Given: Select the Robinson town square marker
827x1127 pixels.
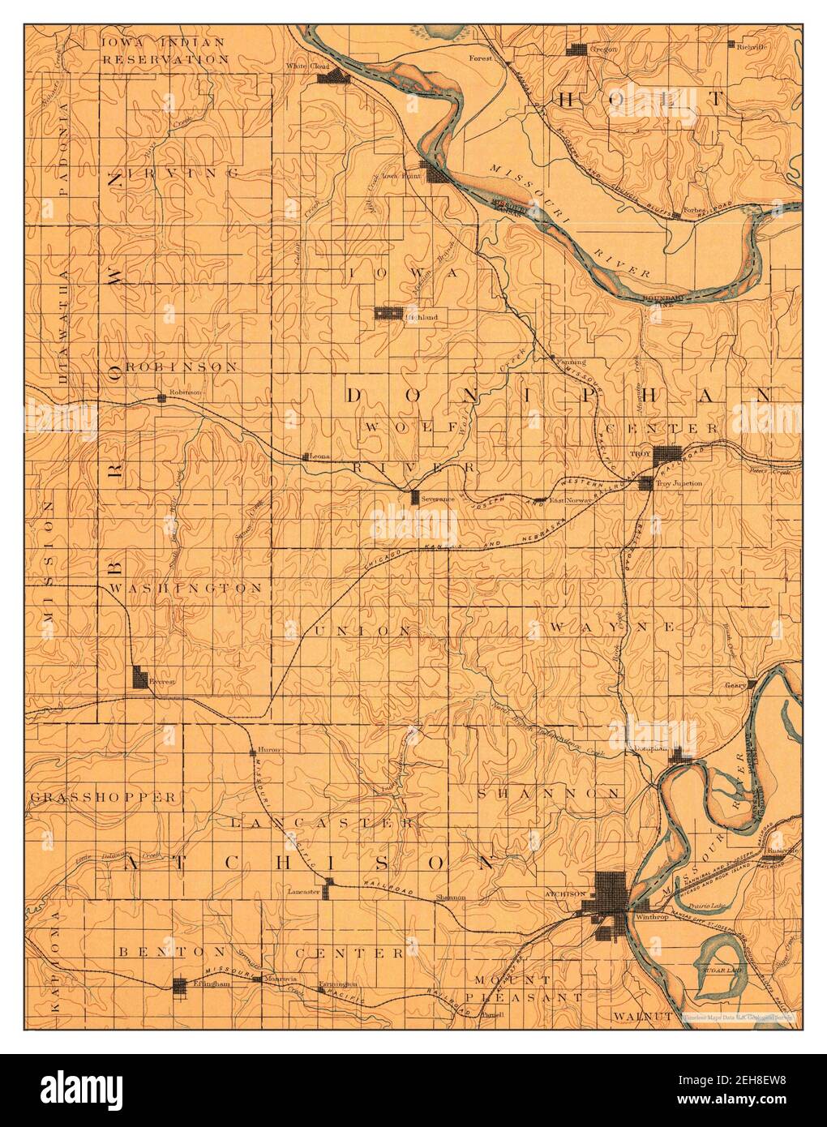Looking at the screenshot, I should tap(162, 397).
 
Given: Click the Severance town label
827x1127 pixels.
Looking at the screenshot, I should tap(436, 499).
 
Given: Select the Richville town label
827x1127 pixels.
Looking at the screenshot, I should tap(752, 47).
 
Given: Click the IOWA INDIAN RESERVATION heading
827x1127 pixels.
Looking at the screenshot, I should tap(165, 49).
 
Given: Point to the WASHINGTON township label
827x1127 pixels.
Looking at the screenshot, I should tap(186, 587).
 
